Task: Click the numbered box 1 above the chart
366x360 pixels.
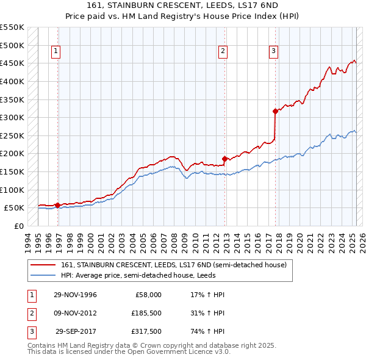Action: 56,51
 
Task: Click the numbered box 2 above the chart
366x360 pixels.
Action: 223,51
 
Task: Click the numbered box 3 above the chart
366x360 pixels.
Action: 274,51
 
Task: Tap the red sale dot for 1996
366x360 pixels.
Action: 57,205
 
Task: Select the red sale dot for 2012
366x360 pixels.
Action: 224,159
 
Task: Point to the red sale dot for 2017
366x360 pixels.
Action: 275,111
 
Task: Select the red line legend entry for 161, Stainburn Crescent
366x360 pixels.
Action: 178,265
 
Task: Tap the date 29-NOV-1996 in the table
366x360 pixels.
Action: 75,295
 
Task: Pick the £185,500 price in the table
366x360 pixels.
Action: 146,314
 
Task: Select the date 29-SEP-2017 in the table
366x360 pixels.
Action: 76,333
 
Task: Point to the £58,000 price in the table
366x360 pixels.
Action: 148,295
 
